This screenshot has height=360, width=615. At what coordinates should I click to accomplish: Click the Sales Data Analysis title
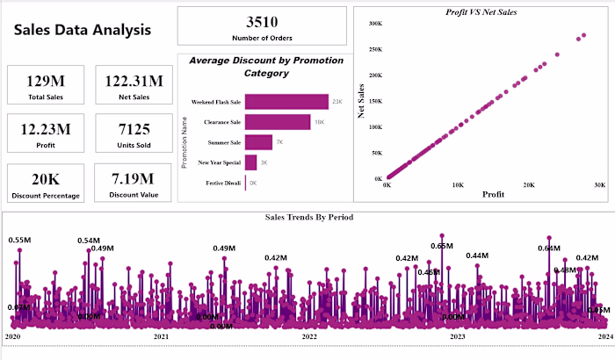tap(83, 30)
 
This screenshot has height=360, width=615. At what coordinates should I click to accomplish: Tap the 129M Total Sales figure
tap(45, 82)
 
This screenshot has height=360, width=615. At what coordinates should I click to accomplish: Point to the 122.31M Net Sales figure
tap(133, 82)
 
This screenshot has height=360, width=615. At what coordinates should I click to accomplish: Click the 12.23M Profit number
tap(45, 130)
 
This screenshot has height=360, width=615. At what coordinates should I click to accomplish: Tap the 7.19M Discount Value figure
tap(133, 179)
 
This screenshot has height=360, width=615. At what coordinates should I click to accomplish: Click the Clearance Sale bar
tap(278, 122)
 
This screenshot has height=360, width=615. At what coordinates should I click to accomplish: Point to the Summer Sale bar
tap(258, 142)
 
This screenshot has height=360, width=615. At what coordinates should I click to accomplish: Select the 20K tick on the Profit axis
tap(528, 185)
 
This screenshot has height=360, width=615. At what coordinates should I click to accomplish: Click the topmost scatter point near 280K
tap(583, 36)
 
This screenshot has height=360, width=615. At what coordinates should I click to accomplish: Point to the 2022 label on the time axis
tap(308, 336)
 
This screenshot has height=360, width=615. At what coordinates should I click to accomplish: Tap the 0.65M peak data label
tap(442, 246)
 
